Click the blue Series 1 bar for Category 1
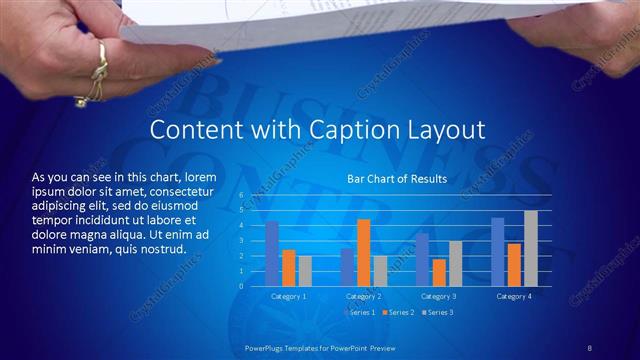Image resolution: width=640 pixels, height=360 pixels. [x=272, y=254]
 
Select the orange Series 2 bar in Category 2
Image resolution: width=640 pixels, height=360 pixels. [x=363, y=252]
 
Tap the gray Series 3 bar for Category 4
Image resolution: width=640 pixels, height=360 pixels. [x=530, y=248]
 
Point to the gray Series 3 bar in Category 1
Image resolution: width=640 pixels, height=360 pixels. [x=305, y=270]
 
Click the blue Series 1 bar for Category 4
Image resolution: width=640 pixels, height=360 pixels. [x=497, y=251]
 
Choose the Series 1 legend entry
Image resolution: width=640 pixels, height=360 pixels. [x=360, y=313]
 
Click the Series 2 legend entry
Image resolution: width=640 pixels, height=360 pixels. [x=397, y=313]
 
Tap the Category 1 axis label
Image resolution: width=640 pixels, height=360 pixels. [x=289, y=297]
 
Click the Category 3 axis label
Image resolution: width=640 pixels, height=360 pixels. [x=438, y=297]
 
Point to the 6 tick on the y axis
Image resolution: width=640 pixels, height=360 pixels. [x=241, y=195]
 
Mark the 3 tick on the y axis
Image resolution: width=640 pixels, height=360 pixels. [x=241, y=241]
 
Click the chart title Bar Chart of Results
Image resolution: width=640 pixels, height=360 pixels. [x=397, y=179]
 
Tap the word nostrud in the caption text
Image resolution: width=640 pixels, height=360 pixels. [x=163, y=248]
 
